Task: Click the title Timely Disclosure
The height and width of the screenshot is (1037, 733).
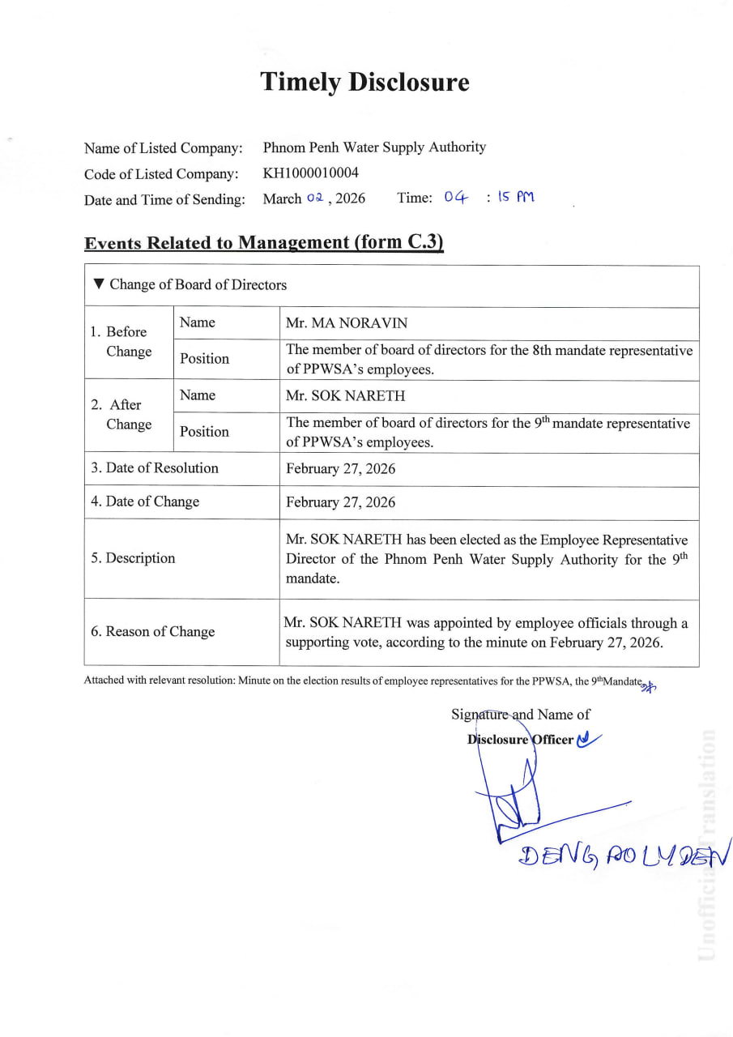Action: (x=364, y=82)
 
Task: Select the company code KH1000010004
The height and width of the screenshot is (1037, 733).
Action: (x=311, y=173)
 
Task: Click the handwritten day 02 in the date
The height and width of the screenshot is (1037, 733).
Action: (x=315, y=198)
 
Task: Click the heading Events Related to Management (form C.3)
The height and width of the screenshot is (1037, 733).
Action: (x=264, y=242)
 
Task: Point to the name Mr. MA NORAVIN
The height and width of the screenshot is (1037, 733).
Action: (x=347, y=323)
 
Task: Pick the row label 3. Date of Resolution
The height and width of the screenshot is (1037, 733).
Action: (x=155, y=468)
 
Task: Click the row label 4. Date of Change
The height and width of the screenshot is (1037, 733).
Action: (x=145, y=501)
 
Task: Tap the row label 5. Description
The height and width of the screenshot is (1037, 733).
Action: (x=133, y=558)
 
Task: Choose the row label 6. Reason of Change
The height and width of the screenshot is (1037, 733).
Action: (x=153, y=632)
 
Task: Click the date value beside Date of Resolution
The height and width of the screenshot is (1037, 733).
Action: (x=341, y=469)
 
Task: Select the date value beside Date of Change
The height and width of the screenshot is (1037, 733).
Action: (x=341, y=502)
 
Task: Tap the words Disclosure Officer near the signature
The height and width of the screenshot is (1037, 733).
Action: (x=520, y=740)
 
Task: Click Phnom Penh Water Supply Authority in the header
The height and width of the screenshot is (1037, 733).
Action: (x=374, y=147)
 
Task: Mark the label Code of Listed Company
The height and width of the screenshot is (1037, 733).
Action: (x=161, y=174)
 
